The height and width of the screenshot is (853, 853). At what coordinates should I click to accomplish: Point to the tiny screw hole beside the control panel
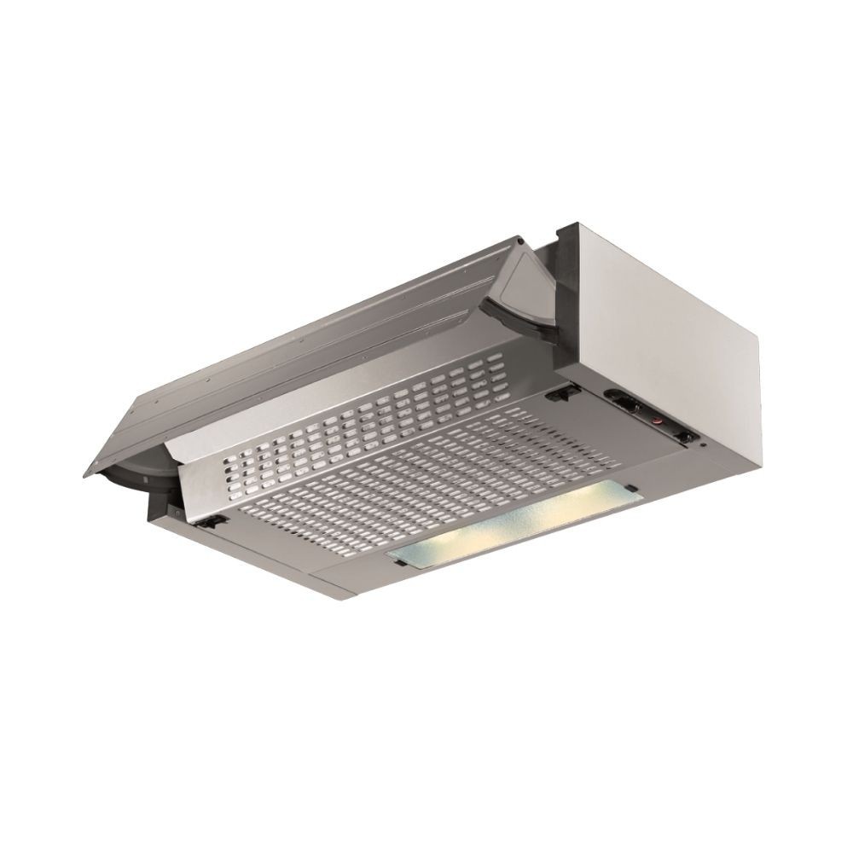point(700,444)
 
